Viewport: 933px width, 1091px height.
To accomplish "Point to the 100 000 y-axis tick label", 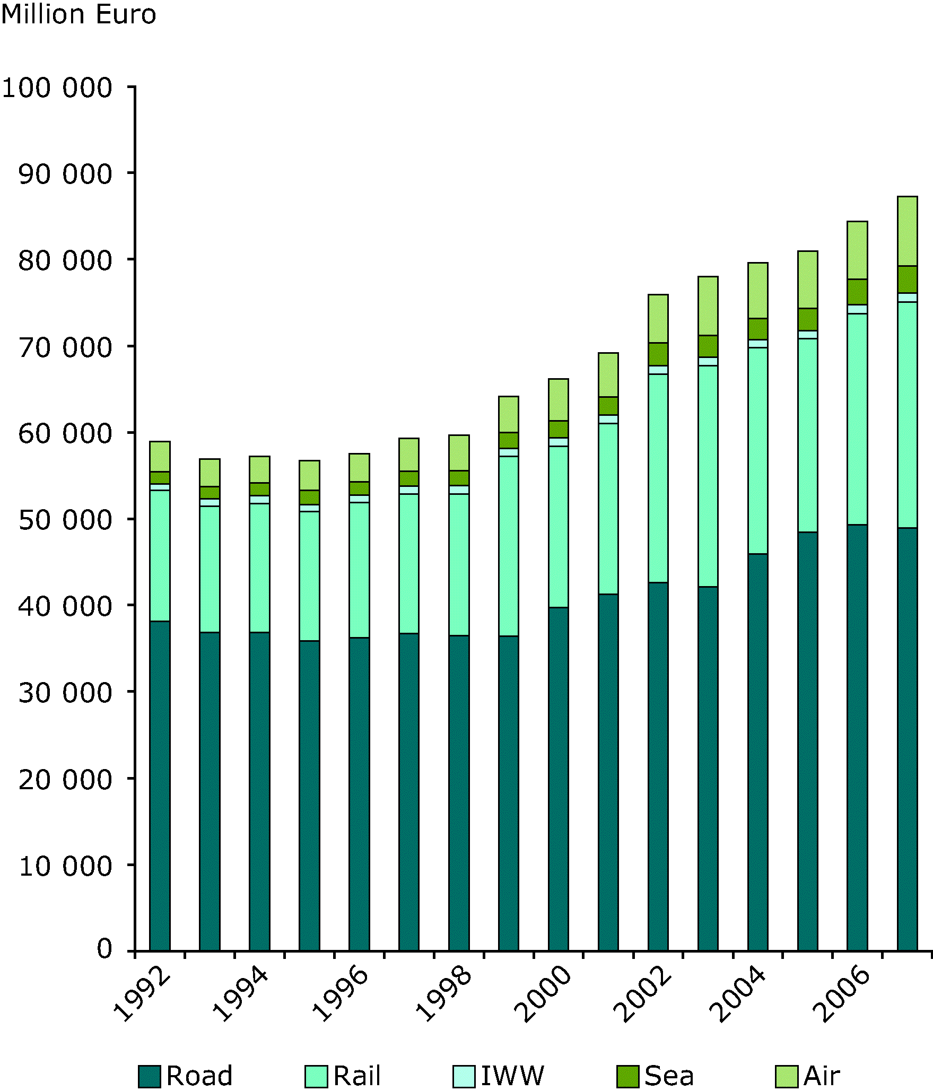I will [x=57, y=88].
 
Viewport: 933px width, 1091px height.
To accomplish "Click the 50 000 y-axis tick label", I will [x=65, y=520].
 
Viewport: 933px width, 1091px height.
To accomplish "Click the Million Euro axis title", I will [x=79, y=15].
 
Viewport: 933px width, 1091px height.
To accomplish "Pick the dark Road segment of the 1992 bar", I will [x=160, y=785].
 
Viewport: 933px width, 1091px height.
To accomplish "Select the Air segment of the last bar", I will [x=907, y=231].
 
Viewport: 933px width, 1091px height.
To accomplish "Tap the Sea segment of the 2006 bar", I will [x=857, y=292].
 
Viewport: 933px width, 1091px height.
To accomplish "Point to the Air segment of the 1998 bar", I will [x=459, y=452].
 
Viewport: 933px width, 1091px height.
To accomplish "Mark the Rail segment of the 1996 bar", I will [x=359, y=570].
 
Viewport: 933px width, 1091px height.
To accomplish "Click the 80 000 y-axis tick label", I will [x=65, y=260].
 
